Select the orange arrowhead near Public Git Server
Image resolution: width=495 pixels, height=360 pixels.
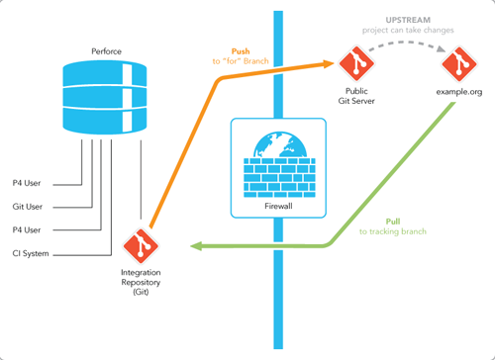pyautogui.click(x=331, y=64)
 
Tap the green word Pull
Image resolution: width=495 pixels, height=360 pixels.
pyautogui.click(x=393, y=221)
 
